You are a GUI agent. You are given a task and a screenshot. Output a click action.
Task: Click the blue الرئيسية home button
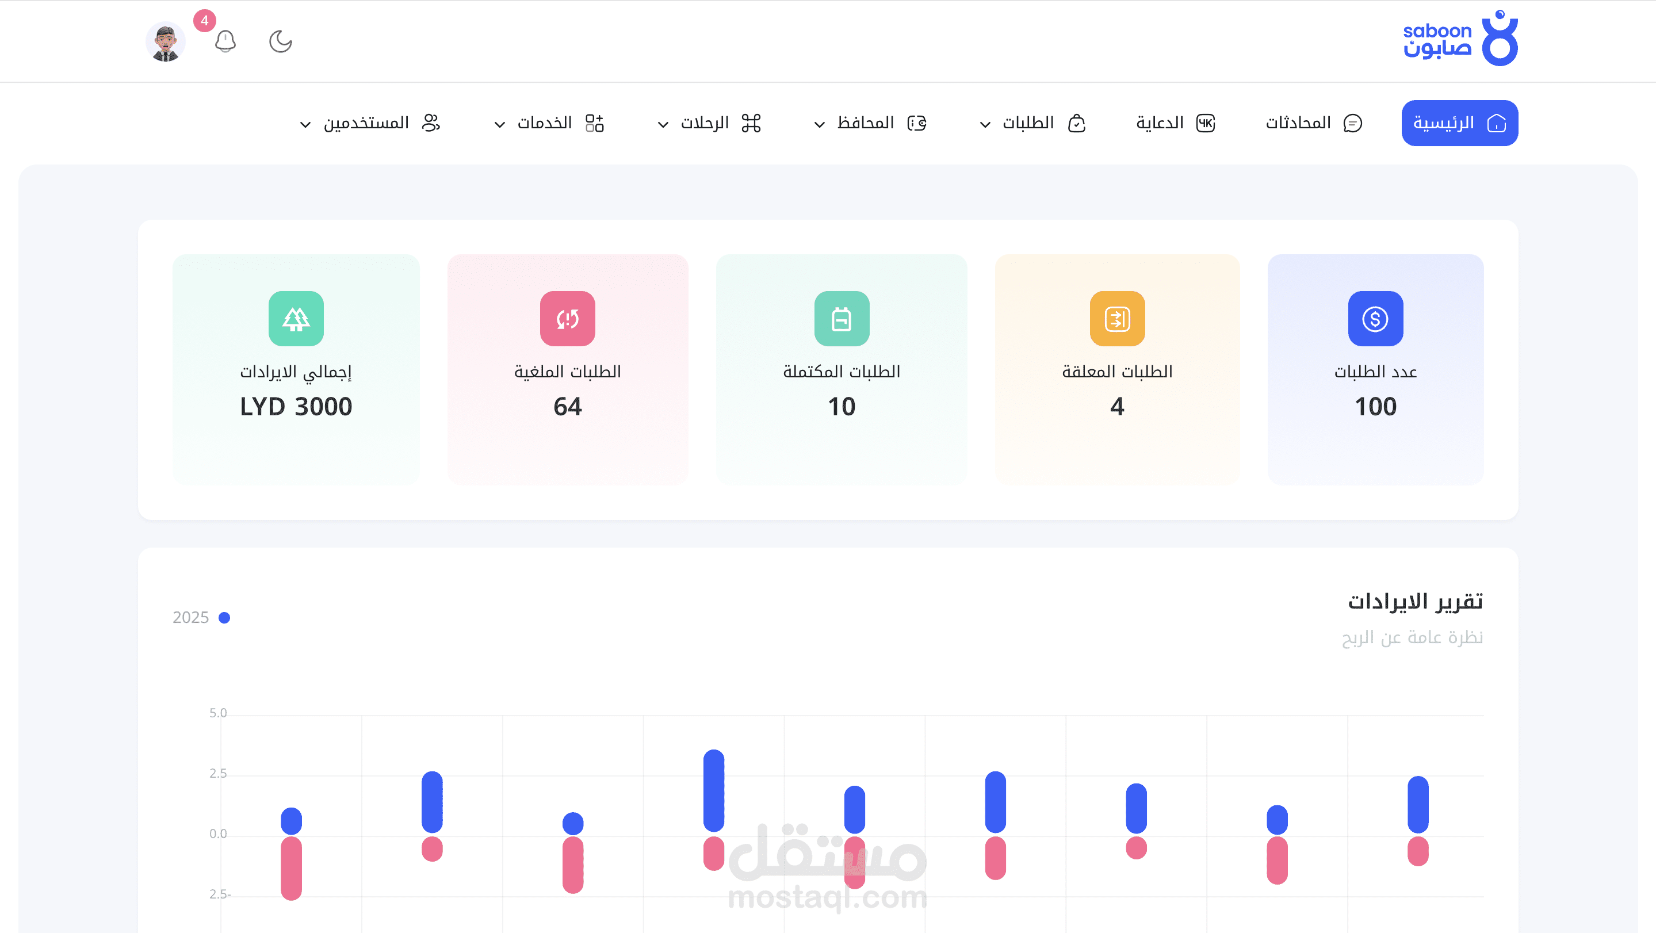point(1459,123)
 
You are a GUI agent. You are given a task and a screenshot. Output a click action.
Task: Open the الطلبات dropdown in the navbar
point(1032,123)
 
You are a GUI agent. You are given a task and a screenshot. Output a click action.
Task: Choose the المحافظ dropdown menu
point(870,123)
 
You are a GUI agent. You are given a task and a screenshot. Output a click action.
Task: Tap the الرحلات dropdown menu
point(709,123)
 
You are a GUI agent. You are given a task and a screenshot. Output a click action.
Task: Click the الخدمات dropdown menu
point(549,123)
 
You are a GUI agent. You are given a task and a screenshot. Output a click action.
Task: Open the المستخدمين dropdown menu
point(370,123)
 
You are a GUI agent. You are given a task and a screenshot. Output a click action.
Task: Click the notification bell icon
point(225,42)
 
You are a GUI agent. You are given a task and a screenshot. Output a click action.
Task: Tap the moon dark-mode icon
point(280,42)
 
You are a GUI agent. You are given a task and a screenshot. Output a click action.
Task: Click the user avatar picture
point(166,42)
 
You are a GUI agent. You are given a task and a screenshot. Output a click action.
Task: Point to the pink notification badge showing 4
point(204,21)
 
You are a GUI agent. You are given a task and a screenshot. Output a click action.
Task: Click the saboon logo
point(1460,38)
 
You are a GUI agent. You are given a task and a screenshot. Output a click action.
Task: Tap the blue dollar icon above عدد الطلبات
point(1376,318)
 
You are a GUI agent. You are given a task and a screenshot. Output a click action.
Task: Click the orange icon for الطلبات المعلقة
point(1117,318)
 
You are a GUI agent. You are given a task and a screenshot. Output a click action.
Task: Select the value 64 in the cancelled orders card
point(568,406)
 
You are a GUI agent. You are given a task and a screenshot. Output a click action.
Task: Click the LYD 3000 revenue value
point(296,406)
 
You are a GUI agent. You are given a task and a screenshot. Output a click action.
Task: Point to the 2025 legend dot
point(224,617)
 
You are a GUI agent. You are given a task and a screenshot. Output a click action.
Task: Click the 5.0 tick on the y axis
point(218,713)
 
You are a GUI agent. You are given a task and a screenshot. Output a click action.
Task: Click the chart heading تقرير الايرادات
point(1416,601)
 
